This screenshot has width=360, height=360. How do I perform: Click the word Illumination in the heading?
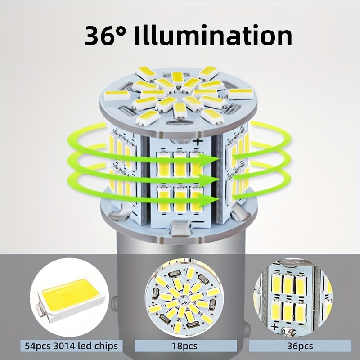(213, 35)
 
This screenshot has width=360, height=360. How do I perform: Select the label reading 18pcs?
(184, 346)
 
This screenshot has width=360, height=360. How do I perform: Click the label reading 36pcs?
(300, 346)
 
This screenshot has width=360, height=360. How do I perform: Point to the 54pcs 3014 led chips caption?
(72, 346)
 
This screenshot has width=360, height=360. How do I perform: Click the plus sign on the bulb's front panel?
(198, 142)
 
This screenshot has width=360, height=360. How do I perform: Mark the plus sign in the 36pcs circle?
(275, 326)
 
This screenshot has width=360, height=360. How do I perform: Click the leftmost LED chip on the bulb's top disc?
(117, 95)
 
